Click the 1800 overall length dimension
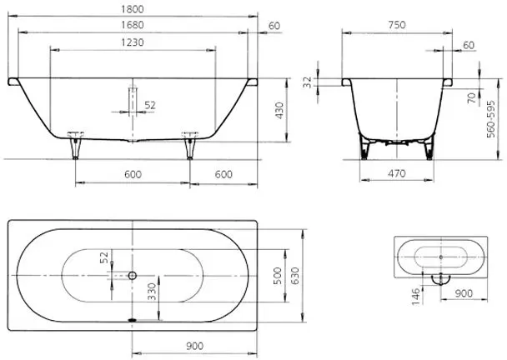133,9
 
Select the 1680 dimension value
133,25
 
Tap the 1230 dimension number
133,42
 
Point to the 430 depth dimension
279,111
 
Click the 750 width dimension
397,25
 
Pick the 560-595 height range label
491,119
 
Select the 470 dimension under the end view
397,173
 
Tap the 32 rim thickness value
308,82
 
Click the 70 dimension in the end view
473,97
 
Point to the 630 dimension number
295,276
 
